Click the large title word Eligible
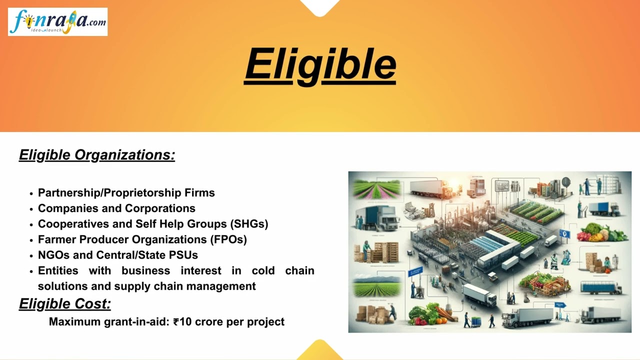(x=320, y=65)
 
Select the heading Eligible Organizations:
(x=97, y=155)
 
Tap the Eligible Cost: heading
(x=65, y=303)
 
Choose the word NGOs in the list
(x=53, y=255)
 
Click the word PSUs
(x=184, y=255)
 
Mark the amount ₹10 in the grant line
(x=182, y=322)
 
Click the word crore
(x=209, y=322)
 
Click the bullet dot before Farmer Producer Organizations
(x=31, y=240)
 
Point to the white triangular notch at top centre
(x=320, y=6)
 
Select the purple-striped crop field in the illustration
(x=377, y=189)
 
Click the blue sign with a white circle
(x=565, y=233)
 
